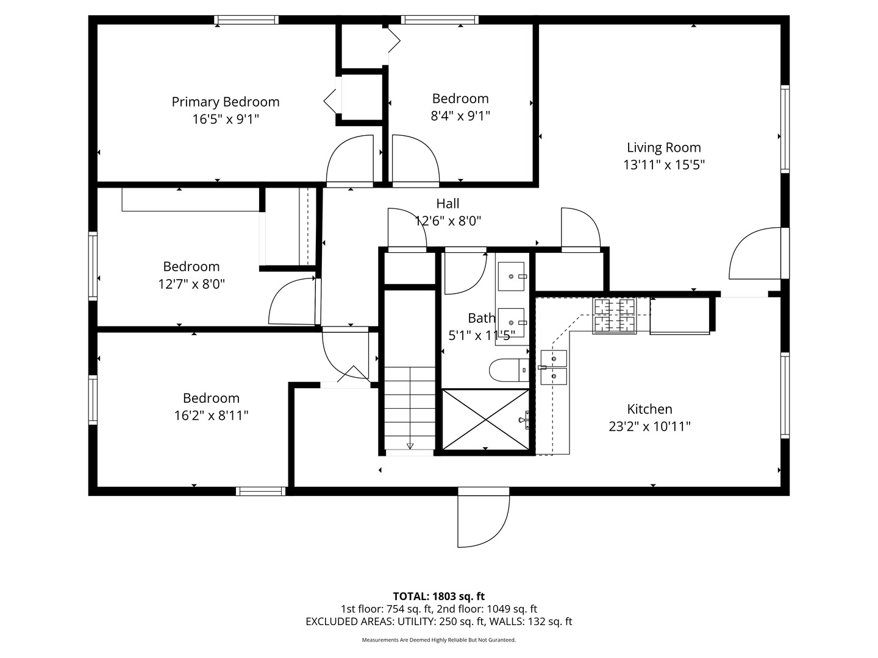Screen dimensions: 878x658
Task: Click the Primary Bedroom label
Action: pyautogui.click(x=225, y=102)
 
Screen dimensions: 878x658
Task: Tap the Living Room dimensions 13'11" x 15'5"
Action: pyautogui.click(x=663, y=164)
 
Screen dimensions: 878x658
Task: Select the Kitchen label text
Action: pyautogui.click(x=649, y=409)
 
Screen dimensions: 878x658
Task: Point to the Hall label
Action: pyautogui.click(x=448, y=203)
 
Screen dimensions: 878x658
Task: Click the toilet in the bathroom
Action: pyautogui.click(x=509, y=370)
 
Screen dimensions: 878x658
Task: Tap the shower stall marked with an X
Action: pyautogui.click(x=485, y=420)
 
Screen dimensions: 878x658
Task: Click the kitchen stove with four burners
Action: pyautogui.click(x=615, y=316)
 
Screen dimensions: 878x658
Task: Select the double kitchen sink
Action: pyautogui.click(x=554, y=367)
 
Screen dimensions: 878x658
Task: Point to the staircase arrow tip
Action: pyautogui.click(x=410, y=448)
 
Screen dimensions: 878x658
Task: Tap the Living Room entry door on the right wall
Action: pyautogui.click(x=754, y=253)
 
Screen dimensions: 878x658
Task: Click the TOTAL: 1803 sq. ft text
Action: pyautogui.click(x=438, y=596)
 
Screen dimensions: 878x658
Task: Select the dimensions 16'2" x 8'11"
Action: pyautogui.click(x=211, y=416)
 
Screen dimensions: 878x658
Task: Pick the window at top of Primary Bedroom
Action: pyautogui.click(x=246, y=20)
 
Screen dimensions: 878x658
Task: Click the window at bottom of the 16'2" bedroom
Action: pyautogui.click(x=261, y=491)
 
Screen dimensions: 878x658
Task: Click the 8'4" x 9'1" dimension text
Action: pyautogui.click(x=460, y=116)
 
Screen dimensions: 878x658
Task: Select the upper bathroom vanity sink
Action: pyautogui.click(x=511, y=276)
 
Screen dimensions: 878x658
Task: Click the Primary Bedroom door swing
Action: pyautogui.click(x=350, y=160)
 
